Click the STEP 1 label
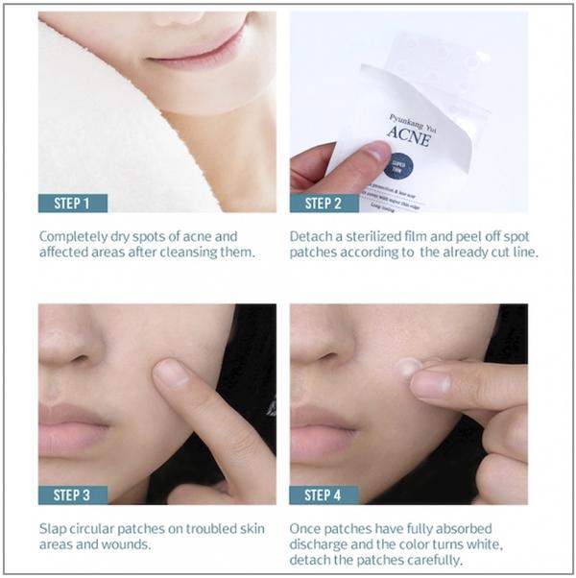click(73, 203)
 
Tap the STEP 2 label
click(324, 203)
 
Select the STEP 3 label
click(73, 494)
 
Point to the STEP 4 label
click(324, 494)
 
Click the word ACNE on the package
click(410, 137)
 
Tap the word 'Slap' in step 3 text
click(53, 528)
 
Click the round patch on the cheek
click(408, 367)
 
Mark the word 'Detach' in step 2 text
click(310, 235)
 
